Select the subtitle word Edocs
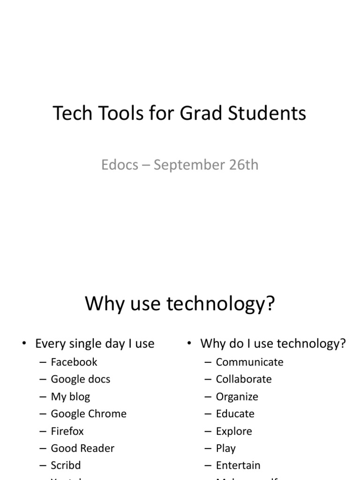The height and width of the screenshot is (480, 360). (x=120, y=165)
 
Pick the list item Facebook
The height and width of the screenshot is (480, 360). (x=74, y=362)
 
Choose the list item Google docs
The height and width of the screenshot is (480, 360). (x=81, y=379)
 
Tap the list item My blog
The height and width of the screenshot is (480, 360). (x=70, y=397)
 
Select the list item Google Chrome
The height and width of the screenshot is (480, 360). (x=89, y=414)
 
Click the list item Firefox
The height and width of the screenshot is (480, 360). (x=67, y=431)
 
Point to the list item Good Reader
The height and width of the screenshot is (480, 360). (x=82, y=448)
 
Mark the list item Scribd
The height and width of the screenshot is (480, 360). (x=66, y=465)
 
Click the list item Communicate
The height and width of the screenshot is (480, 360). (x=249, y=362)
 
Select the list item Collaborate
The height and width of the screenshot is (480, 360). (x=244, y=379)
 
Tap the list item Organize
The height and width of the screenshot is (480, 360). (x=237, y=397)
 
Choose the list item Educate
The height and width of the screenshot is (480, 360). (x=235, y=414)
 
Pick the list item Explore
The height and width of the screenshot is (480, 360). (x=234, y=431)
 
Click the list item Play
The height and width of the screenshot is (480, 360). (x=225, y=449)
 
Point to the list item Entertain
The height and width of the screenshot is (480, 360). (x=238, y=465)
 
